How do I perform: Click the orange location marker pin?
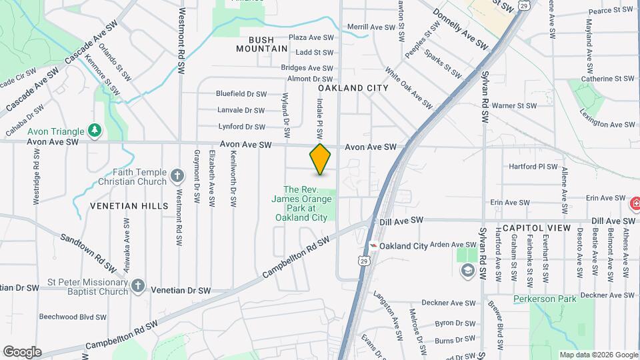pos(320,159)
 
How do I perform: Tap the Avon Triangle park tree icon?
pos(95,130)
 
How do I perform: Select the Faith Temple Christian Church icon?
pos(177,176)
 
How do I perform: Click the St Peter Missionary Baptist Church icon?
pos(138,285)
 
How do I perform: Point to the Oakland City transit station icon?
pos(373,246)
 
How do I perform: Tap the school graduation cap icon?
pos(467,269)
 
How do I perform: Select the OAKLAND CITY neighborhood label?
pos(353,88)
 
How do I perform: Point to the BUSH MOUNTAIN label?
pos(263,45)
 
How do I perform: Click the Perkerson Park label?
pos(545,299)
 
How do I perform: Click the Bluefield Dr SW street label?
pos(241,95)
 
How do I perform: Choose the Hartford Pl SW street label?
pos(532,167)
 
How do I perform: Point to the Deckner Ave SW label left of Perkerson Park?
pos(453,303)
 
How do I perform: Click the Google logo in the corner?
pos(22,352)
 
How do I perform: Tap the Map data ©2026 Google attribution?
pos(598,355)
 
